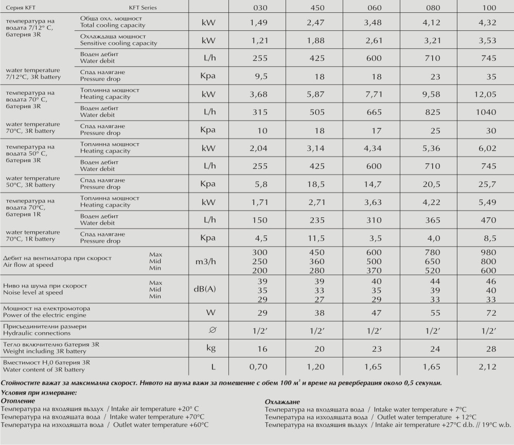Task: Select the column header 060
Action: pos(374,8)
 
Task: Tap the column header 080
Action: pos(431,8)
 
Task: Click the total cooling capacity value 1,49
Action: pos(259,22)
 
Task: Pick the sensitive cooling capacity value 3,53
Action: pos(487,41)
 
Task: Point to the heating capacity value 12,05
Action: pos(486,94)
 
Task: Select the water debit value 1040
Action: pos(486,112)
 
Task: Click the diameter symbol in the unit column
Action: pos(210,330)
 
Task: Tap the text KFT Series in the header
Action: pos(143,8)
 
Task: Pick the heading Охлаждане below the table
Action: pos(282,401)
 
